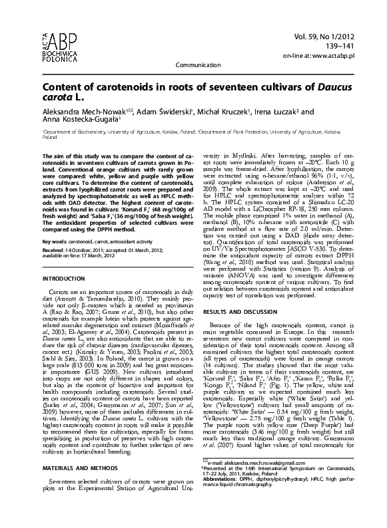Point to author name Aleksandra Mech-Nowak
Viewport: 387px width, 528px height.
click(80, 112)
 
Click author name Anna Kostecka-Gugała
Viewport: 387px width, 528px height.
click(80, 121)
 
